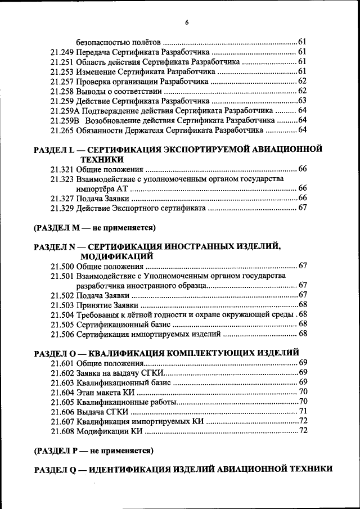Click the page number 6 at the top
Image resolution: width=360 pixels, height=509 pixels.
pos(186,22)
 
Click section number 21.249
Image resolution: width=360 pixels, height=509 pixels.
pos(61,52)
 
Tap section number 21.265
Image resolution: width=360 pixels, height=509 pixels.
pos(61,130)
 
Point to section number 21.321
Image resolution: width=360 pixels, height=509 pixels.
pos(61,169)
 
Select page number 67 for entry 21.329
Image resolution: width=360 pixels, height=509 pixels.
pos(302,208)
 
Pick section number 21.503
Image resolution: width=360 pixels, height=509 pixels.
pos(61,305)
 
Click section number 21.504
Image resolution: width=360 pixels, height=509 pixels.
pos(61,314)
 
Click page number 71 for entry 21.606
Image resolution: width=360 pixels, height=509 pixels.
pos(302,412)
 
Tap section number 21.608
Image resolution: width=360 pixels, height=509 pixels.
pos(61,431)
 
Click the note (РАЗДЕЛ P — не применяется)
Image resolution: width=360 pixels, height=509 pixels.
pos(93,451)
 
